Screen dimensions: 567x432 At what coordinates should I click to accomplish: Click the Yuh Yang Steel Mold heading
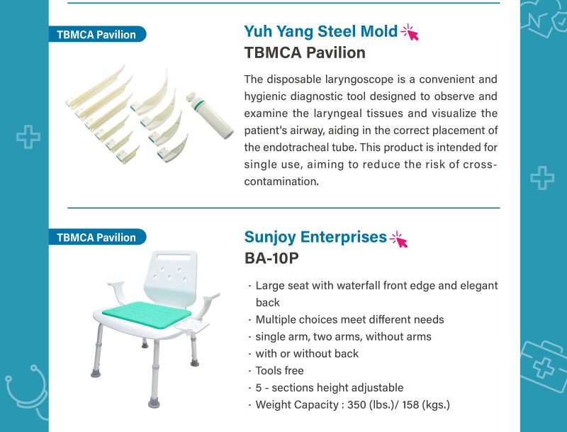click(321, 31)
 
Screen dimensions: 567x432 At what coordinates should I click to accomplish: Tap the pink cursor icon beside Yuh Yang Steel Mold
click(410, 32)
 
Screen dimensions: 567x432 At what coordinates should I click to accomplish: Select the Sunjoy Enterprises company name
click(315, 238)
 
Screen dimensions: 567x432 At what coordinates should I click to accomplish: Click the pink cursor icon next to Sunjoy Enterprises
click(399, 239)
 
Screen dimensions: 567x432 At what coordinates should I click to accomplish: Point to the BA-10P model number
click(271, 258)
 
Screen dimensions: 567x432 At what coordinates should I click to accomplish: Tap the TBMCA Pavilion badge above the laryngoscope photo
click(97, 34)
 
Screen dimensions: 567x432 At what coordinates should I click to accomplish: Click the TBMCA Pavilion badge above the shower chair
click(97, 237)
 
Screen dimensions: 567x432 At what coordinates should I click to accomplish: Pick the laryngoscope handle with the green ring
click(209, 116)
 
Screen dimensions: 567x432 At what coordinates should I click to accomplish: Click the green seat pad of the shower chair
click(147, 314)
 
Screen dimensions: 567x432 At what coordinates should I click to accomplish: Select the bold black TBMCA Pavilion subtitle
click(305, 52)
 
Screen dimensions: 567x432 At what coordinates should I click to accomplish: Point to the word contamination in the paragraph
click(281, 182)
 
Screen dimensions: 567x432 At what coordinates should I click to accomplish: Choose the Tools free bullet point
click(279, 370)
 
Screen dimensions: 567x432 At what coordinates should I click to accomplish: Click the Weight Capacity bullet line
click(352, 404)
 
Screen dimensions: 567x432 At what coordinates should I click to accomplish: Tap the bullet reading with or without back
click(307, 353)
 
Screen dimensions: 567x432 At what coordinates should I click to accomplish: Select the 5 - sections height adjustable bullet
click(330, 387)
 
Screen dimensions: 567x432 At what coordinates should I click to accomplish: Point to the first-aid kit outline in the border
click(544, 365)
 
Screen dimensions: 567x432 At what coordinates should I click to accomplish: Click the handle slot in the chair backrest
click(174, 257)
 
